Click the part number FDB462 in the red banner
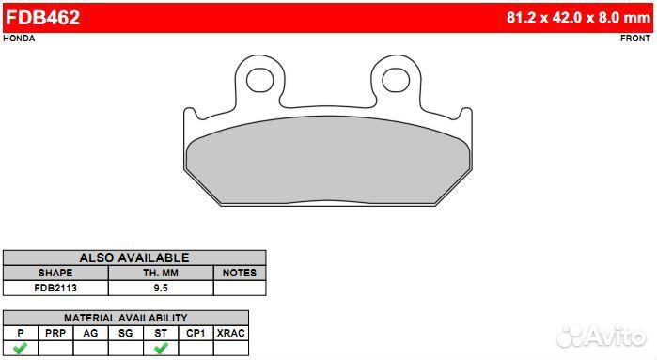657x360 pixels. click(42, 18)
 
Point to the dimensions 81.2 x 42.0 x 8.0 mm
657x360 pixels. click(578, 17)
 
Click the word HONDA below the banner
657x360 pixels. click(20, 39)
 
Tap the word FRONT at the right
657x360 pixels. click(635, 39)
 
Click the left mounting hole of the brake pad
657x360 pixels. click(259, 80)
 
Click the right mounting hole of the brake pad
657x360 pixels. click(396, 80)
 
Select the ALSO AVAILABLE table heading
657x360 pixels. click(134, 258)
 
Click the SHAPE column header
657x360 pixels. click(55, 273)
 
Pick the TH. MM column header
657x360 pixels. click(161, 273)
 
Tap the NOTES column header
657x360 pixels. click(240, 273)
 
